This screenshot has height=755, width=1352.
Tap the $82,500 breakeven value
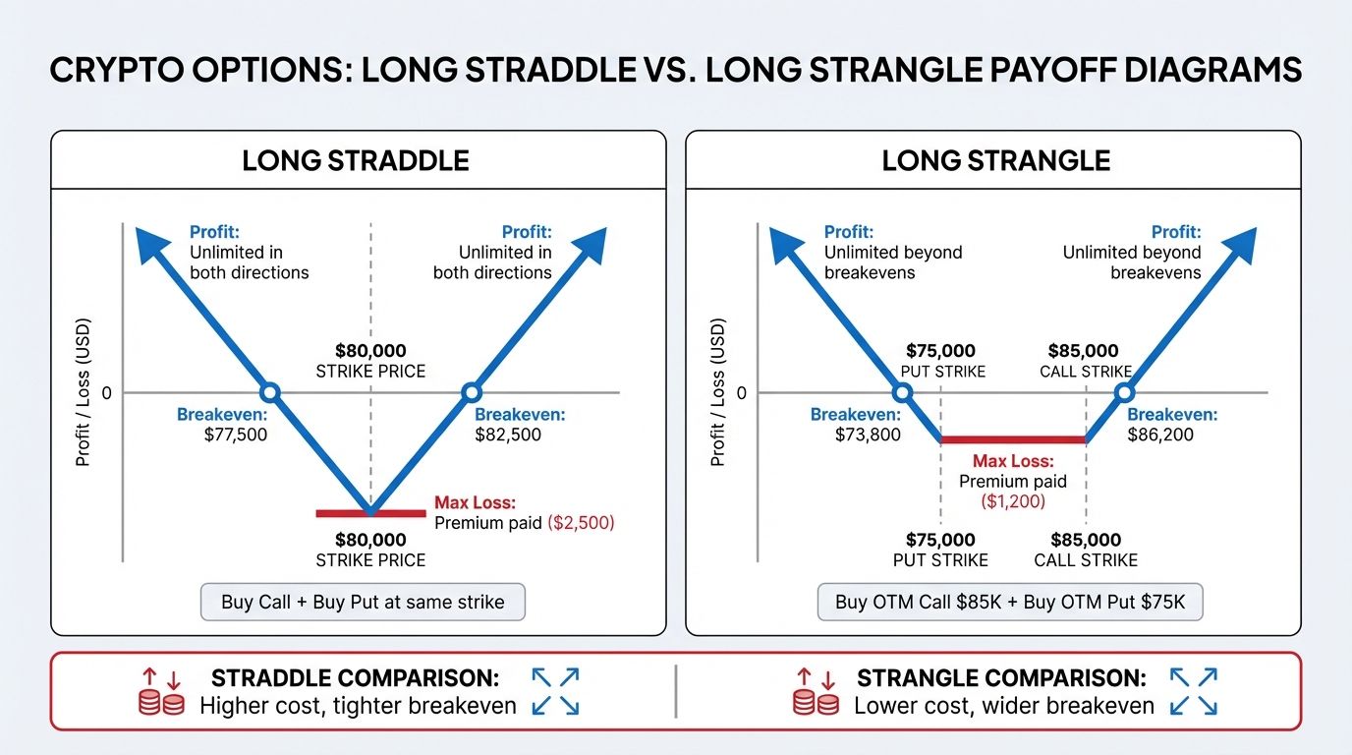tap(508, 435)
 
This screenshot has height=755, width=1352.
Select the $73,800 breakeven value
tap(868, 435)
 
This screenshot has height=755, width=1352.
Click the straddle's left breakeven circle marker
tap(271, 393)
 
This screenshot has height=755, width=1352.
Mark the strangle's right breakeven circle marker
tap(1123, 393)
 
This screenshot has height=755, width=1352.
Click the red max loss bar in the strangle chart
tap(1013, 440)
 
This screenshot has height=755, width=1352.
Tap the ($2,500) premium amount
tap(580, 523)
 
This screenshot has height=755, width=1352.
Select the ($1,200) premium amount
tap(1013, 501)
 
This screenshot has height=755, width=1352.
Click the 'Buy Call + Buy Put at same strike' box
tap(363, 602)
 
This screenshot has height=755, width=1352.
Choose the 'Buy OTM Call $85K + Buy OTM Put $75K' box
tap(1010, 602)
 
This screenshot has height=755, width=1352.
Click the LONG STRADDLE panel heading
tap(356, 160)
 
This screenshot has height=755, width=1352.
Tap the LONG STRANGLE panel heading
tap(995, 160)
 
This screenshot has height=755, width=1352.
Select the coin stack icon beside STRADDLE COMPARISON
tap(162, 704)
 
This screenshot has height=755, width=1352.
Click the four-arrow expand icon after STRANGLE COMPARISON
tap(1194, 692)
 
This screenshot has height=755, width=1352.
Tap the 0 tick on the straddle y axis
tap(106, 393)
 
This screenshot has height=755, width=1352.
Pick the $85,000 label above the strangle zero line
tap(1083, 351)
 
